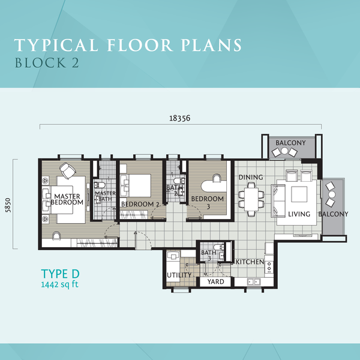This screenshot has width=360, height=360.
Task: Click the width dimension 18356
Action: (180, 118)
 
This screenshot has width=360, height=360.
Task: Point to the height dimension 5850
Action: (8, 205)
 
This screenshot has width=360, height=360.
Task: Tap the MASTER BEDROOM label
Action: (67, 199)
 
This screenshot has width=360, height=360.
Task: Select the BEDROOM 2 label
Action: (140, 204)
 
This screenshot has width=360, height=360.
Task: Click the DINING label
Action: (251, 177)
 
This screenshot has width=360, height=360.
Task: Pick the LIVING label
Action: (299, 214)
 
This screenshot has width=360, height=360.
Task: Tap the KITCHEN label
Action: (250, 262)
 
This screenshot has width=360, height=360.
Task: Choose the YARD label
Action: (215, 282)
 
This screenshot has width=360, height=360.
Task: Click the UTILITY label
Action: (179, 275)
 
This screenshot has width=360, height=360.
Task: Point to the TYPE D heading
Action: (60, 274)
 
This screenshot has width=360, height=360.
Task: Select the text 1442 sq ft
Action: (59, 284)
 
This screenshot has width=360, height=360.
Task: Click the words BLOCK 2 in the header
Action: (47, 62)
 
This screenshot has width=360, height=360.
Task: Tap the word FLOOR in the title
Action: (140, 45)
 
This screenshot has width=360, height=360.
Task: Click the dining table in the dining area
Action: (251, 199)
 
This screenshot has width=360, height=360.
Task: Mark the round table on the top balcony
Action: (284, 151)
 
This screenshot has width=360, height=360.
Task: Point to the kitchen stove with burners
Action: (269, 266)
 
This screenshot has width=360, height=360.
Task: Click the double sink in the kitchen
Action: (254, 282)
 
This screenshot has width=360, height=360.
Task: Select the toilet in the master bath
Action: (100, 185)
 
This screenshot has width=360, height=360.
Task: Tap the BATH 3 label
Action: (208, 256)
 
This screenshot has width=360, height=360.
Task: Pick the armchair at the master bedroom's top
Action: (68, 170)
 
